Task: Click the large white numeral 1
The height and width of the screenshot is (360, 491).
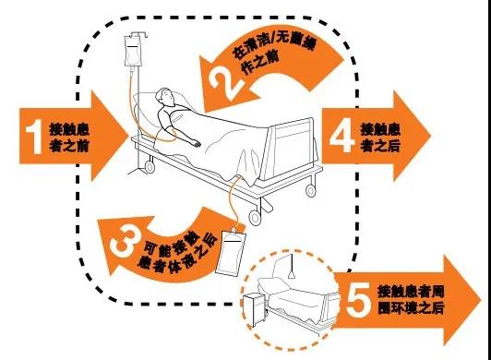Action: click(x=34, y=137)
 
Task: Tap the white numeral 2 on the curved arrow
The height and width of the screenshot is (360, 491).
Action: click(x=226, y=83)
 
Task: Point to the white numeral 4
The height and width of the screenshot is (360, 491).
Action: click(x=342, y=137)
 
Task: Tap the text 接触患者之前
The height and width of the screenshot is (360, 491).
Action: click(x=69, y=138)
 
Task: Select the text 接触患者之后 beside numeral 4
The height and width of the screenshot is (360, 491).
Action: click(x=380, y=138)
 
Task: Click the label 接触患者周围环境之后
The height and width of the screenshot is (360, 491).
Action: click(x=411, y=300)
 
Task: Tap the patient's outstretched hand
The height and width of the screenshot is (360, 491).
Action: click(x=197, y=143)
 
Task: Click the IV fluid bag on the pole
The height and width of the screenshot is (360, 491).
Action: click(x=134, y=51)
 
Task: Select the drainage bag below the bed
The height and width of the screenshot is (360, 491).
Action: click(x=231, y=253)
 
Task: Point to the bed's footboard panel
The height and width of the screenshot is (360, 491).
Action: click(x=290, y=150)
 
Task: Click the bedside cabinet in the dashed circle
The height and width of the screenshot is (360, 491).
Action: click(x=254, y=309)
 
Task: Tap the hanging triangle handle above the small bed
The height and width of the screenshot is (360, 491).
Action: click(x=292, y=275)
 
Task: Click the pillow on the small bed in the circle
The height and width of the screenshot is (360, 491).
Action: click(x=271, y=284)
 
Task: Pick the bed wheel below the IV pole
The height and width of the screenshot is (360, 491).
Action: click(x=150, y=166)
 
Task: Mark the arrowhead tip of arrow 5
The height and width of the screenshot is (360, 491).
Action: click(x=480, y=300)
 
